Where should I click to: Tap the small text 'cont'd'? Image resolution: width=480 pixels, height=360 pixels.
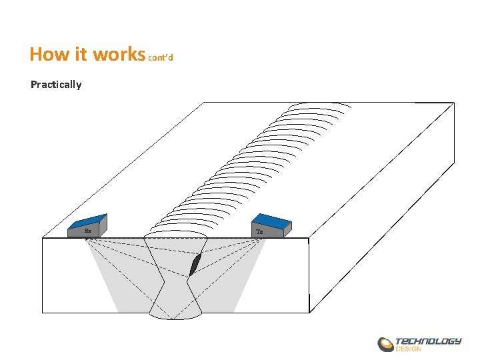(x=161, y=58)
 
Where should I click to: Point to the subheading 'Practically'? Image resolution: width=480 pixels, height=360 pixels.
(x=56, y=85)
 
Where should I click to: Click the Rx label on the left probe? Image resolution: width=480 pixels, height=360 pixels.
(x=88, y=231)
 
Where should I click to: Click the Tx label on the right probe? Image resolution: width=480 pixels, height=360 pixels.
(x=259, y=231)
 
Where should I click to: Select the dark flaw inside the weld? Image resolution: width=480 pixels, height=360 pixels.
(x=195, y=265)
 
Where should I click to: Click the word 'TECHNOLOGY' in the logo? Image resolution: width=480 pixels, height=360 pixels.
(x=428, y=341)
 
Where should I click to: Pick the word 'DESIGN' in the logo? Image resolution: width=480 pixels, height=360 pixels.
(x=409, y=349)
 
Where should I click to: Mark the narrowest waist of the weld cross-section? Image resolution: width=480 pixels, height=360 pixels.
(x=175, y=281)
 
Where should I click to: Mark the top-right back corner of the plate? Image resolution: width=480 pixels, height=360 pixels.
(x=454, y=103)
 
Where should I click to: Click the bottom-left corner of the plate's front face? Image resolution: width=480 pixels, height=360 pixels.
(x=43, y=312)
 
